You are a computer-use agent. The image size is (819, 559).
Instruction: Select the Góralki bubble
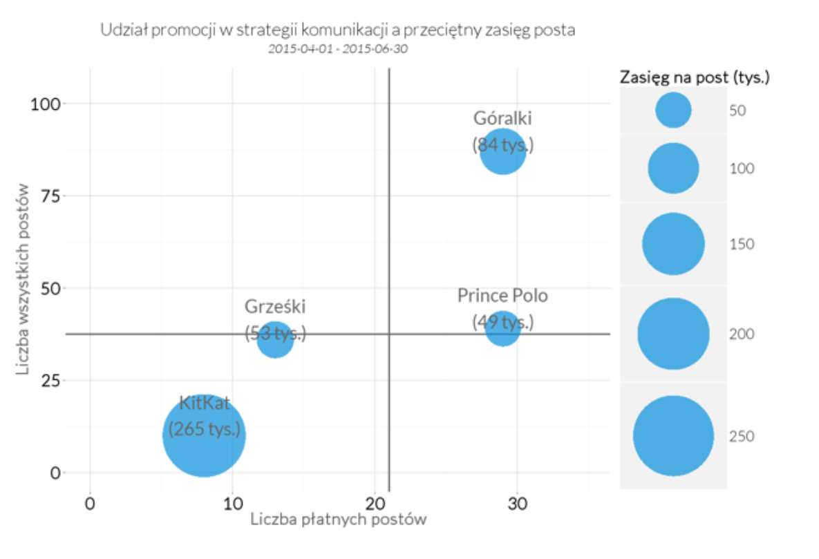tap(503, 152)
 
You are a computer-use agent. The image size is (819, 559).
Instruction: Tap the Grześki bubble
tap(275, 339)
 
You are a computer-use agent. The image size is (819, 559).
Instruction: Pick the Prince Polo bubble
tap(502, 328)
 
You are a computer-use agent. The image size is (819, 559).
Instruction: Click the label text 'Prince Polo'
tap(502, 296)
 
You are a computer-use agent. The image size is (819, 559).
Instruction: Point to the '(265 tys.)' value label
tap(205, 430)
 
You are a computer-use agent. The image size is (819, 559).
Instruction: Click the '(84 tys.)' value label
tap(503, 145)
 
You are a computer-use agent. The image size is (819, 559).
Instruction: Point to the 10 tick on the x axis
tap(232, 504)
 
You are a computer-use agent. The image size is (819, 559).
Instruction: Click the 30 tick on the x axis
tap(517, 504)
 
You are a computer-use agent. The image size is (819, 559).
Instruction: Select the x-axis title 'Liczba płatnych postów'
tap(338, 520)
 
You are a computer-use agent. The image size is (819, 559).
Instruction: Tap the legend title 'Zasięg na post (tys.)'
tap(695, 77)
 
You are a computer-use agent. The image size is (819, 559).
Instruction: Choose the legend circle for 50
tap(672, 111)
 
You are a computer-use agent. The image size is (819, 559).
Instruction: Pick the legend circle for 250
tap(672, 436)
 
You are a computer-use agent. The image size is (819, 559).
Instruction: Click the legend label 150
tap(742, 244)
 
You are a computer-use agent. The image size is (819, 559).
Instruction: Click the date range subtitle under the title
tap(338, 49)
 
